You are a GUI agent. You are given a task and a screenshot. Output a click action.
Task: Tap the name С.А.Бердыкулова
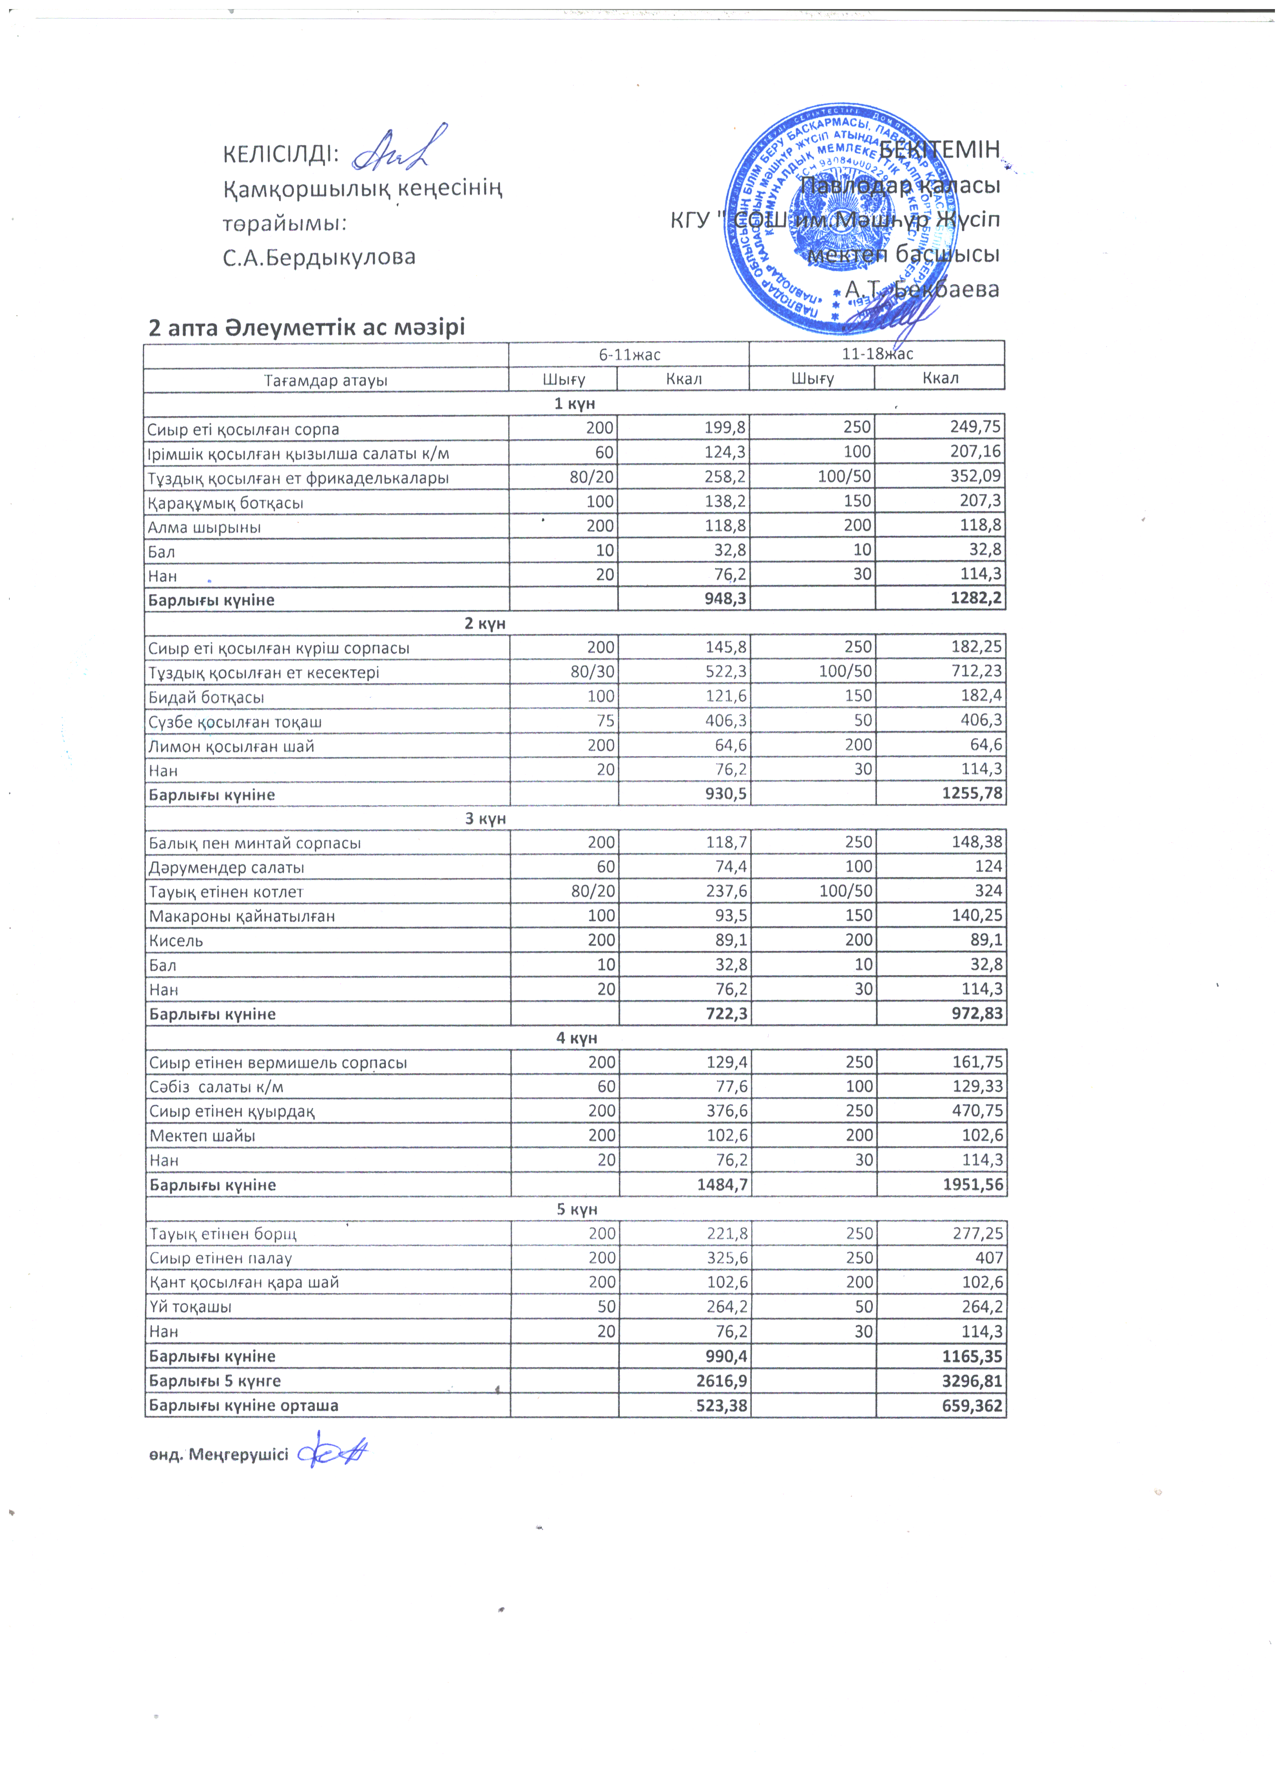click(319, 257)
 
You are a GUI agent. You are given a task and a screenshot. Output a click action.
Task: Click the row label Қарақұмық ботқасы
click(225, 503)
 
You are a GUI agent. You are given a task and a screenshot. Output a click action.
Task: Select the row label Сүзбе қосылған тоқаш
click(235, 721)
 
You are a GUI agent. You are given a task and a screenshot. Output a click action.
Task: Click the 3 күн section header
click(486, 819)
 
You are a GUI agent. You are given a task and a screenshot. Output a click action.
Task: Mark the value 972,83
click(973, 1014)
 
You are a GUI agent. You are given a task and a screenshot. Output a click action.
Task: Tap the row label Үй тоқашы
click(191, 1307)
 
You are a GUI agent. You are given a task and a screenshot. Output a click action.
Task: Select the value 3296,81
click(973, 1381)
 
